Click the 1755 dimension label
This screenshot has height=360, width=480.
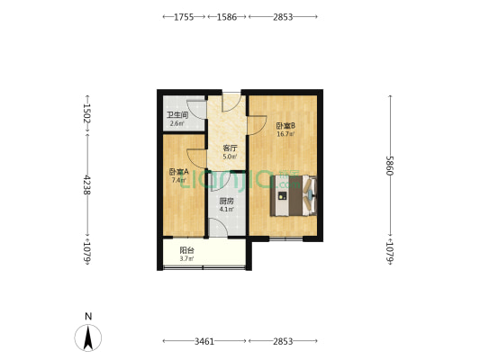[x=184, y=17]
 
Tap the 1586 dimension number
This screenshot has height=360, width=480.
[x=227, y=17]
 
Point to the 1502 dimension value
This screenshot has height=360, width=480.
[x=87, y=113]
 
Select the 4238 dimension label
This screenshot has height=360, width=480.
[x=87, y=186]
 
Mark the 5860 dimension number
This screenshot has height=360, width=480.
[x=391, y=166]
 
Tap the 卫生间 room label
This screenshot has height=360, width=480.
[x=177, y=115]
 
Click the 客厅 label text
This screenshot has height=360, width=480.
[x=230, y=148]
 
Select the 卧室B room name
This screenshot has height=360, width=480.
[x=285, y=126]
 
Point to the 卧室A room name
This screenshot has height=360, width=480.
[x=177, y=172]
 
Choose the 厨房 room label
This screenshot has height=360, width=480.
[x=227, y=202]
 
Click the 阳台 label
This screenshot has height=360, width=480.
[x=187, y=251]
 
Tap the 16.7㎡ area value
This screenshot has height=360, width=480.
[x=285, y=134]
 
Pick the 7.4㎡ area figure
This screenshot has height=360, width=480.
[x=177, y=180]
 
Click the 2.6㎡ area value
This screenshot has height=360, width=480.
[x=177, y=123]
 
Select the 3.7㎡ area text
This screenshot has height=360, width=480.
[x=187, y=259]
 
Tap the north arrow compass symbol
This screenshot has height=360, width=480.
[x=87, y=337]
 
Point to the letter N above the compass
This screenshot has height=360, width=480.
[x=87, y=316]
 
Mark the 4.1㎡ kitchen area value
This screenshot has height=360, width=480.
[x=227, y=210]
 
